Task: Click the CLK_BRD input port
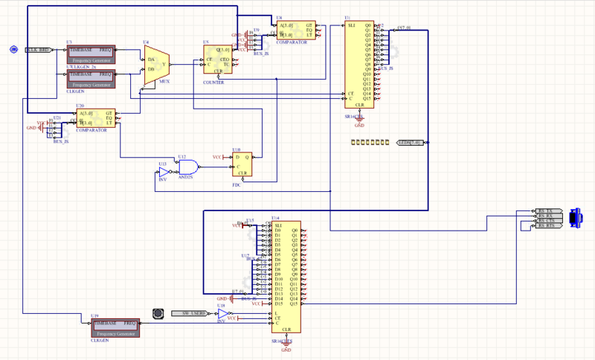pos(37,49)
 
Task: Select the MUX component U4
pos(157,64)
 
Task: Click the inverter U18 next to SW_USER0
pos(222,314)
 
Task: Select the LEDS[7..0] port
pos(410,142)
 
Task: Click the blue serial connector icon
pos(575,217)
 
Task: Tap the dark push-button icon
pos(157,313)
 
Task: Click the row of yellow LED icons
pos(369,141)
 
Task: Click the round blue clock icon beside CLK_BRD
pos(13,49)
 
